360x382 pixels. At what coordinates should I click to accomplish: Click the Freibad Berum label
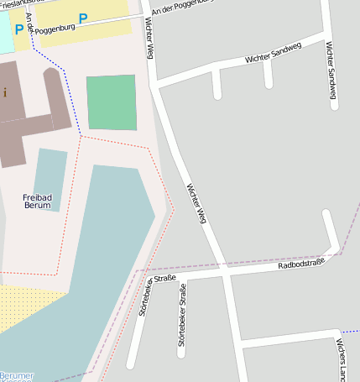(x=37, y=201)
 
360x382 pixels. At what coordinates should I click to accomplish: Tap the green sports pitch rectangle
(x=112, y=102)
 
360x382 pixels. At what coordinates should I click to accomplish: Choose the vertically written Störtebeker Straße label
(x=181, y=316)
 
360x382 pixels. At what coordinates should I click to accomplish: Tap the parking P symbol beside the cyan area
(x=18, y=29)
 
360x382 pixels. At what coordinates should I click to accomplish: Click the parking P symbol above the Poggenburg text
(x=83, y=18)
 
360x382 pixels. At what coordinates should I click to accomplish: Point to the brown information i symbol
(x=4, y=93)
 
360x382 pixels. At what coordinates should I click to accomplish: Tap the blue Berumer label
(x=17, y=376)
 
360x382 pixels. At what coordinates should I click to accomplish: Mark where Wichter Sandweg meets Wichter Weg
(x=157, y=82)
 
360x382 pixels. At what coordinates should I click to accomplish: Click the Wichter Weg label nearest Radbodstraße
(x=196, y=202)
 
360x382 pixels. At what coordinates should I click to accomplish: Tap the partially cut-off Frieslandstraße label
(x=12, y=3)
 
